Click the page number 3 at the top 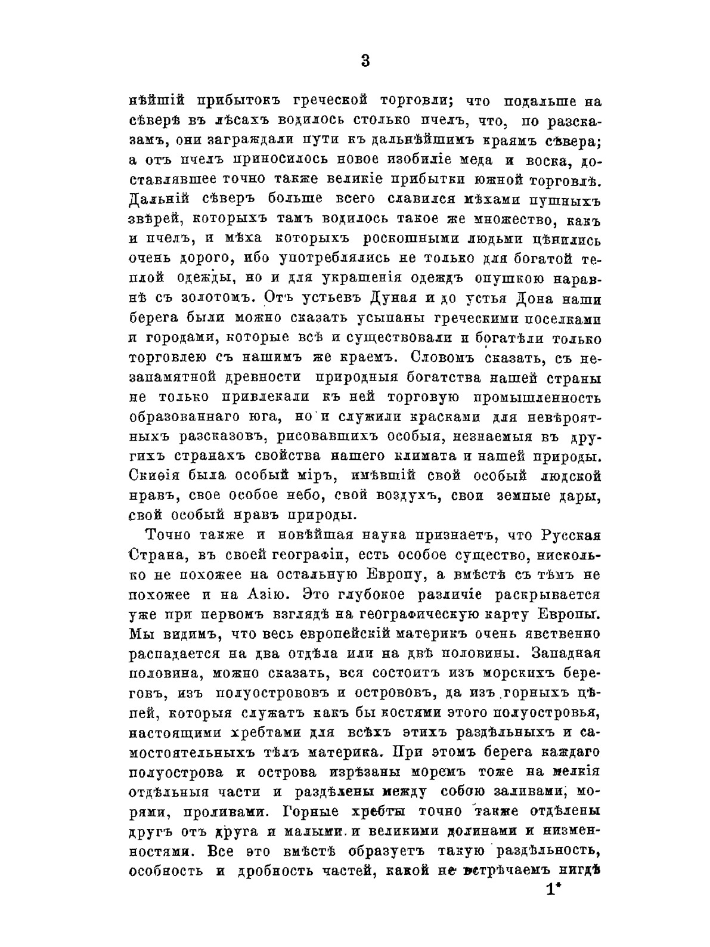pos(365,60)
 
